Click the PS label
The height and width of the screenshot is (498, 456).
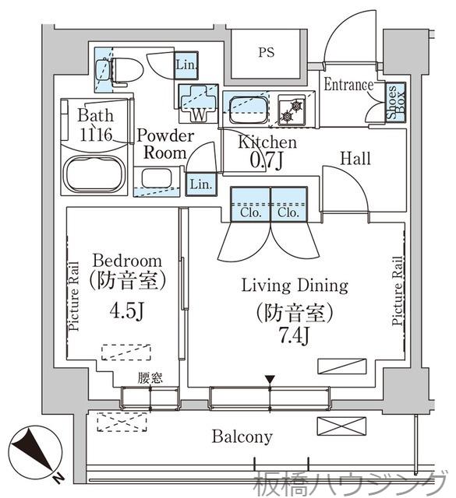(266, 52)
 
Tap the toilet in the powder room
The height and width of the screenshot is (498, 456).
(123, 72)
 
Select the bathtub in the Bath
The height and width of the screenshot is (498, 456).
(94, 174)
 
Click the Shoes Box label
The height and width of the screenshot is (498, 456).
(396, 102)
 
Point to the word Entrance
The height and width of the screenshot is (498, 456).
(348, 85)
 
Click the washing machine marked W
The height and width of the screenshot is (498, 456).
(199, 103)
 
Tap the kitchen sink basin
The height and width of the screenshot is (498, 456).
(249, 110)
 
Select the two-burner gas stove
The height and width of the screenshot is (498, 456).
(292, 110)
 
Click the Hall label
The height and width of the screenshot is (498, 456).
(355, 159)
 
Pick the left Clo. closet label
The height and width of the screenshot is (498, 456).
(251, 212)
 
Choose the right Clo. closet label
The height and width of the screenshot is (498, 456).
(288, 212)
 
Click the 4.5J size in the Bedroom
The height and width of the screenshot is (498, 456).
(127, 310)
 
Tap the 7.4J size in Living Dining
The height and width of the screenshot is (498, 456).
(294, 335)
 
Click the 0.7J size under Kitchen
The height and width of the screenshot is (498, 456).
(266, 161)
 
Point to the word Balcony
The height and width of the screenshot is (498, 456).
(242, 437)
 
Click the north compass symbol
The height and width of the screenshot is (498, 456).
(34, 452)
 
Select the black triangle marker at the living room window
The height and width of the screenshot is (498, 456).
(270, 380)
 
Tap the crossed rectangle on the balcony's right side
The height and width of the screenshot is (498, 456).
(341, 426)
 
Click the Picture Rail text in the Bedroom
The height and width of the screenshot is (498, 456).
(73, 296)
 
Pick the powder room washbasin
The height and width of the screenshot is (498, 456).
(157, 178)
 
